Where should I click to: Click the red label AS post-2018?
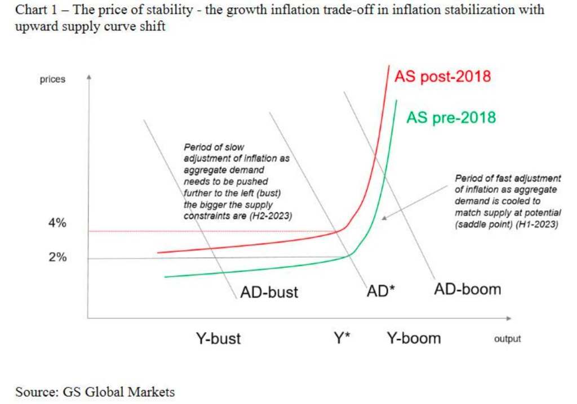(442, 77)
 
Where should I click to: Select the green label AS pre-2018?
(451, 117)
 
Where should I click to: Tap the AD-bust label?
(269, 292)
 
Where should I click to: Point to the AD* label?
(381, 291)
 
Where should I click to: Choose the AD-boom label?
(467, 289)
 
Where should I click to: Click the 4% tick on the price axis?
(57, 223)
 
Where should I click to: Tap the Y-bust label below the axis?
(218, 338)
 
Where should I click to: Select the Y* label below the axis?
(341, 338)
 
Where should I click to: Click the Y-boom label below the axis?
(414, 338)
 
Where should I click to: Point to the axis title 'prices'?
(52, 79)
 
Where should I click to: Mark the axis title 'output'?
(507, 339)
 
